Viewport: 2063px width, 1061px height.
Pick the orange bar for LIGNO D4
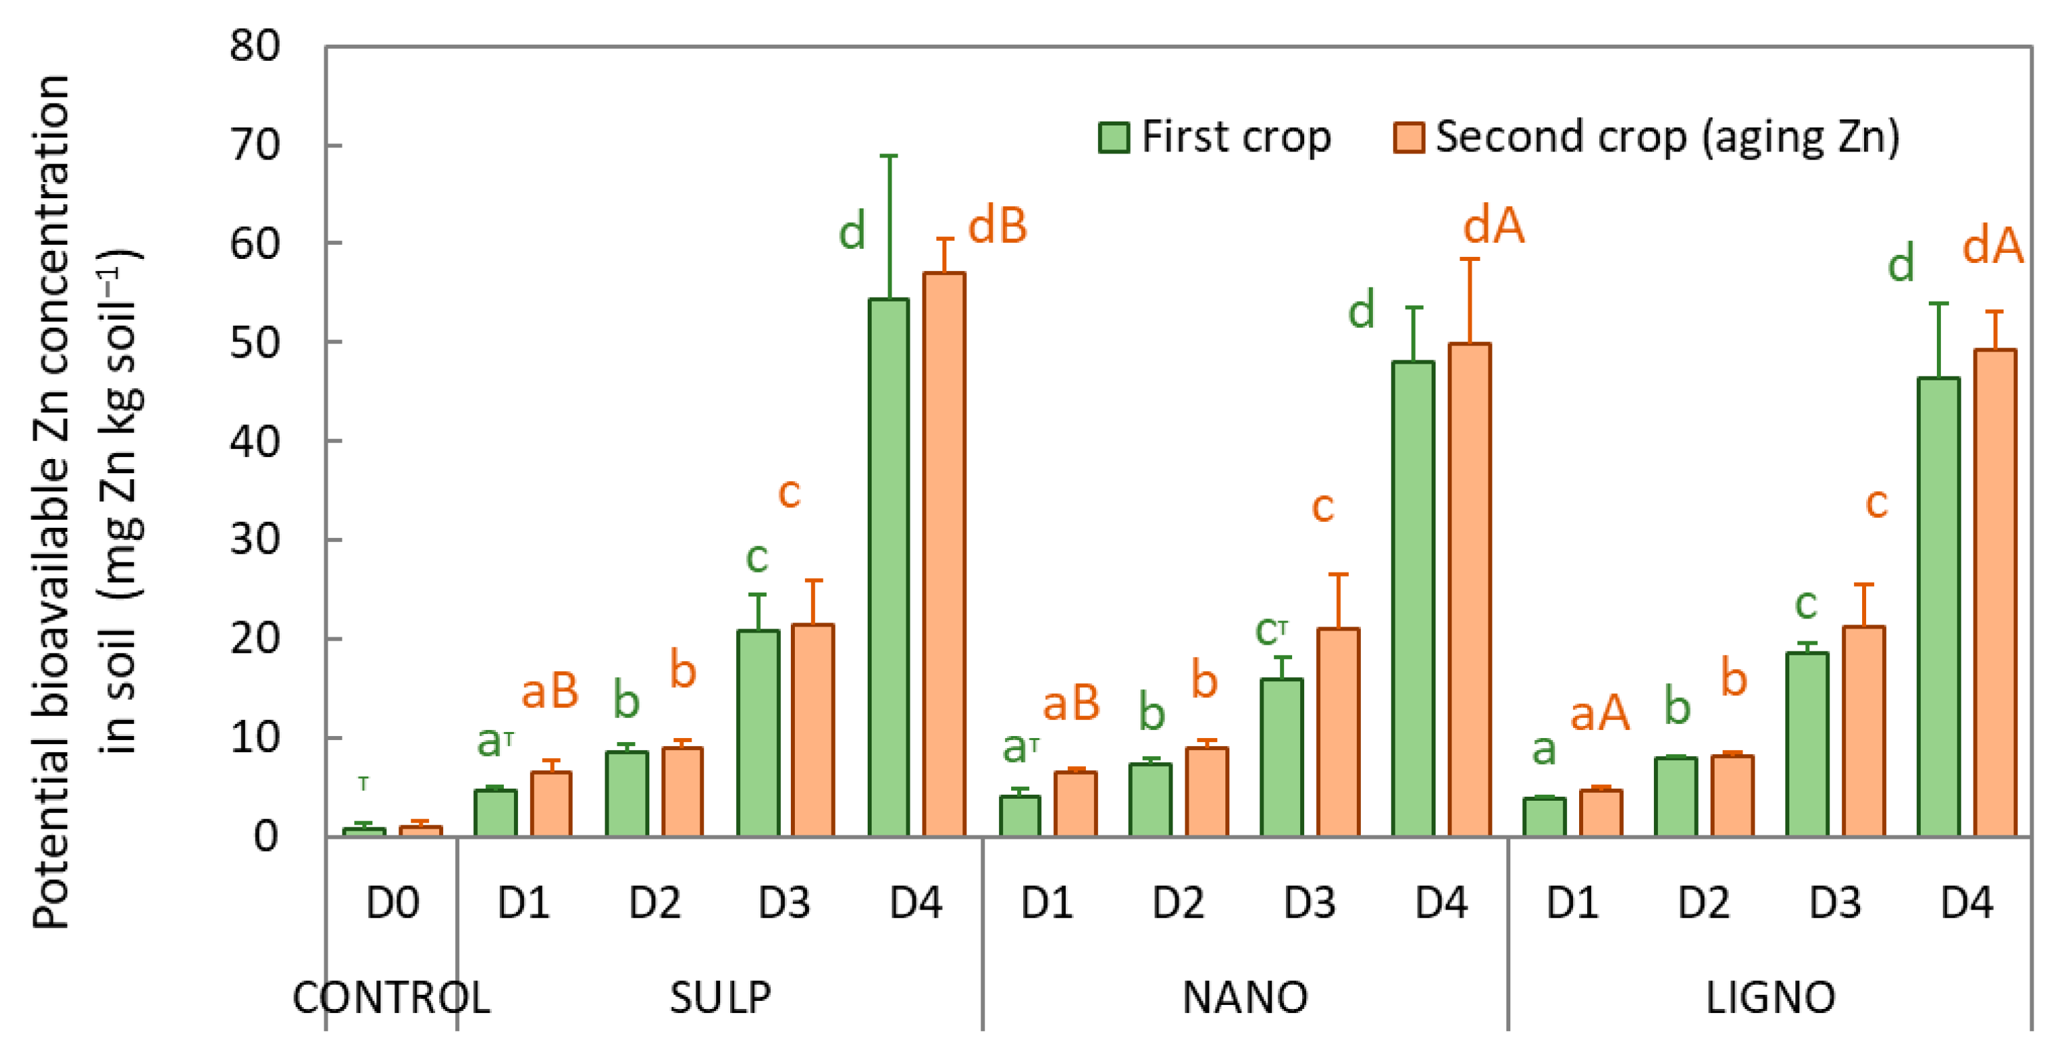pyautogui.click(x=1994, y=593)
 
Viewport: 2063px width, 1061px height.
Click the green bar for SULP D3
pyautogui.click(x=757, y=733)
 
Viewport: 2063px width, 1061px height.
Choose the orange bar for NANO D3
pyautogui.click(x=1338, y=732)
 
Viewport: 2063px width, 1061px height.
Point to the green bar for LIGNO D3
pyautogui.click(x=1807, y=744)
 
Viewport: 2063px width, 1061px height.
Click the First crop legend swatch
pyautogui.click(x=1113, y=137)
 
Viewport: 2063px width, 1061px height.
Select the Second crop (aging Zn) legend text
pyautogui.click(x=1667, y=137)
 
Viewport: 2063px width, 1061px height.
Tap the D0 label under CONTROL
pyautogui.click(x=392, y=904)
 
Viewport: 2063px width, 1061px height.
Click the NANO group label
pyautogui.click(x=1245, y=998)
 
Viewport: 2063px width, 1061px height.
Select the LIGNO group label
pyautogui.click(x=1770, y=998)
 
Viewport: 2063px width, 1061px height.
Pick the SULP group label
pyautogui.click(x=720, y=998)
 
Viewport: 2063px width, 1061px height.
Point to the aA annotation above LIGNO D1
pyautogui.click(x=1599, y=712)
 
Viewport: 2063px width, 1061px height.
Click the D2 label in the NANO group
pyautogui.click(x=1178, y=904)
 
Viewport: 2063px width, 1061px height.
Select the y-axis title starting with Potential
pyautogui.click(x=52, y=501)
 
